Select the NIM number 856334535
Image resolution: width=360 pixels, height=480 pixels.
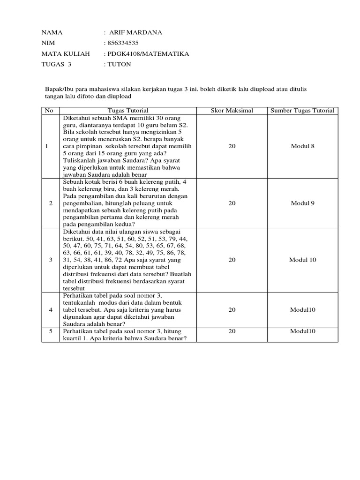tap(124, 44)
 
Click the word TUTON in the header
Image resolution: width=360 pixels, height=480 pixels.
tap(120, 65)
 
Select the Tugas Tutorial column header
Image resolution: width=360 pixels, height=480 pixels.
tap(127, 111)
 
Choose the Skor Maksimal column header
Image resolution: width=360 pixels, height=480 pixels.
tap(232, 111)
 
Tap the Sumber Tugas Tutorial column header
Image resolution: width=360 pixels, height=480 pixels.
tap(302, 111)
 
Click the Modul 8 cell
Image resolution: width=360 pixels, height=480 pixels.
tap(302, 146)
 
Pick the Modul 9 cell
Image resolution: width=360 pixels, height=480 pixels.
tap(302, 203)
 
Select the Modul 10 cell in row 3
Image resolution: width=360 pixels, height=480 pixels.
tap(302, 260)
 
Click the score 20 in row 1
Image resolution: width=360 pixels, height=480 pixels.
tap(232, 146)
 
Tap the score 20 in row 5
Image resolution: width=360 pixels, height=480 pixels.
tap(232, 331)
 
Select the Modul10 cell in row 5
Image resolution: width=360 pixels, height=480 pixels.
tap(302, 331)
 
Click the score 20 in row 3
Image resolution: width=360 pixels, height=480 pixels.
tap(232, 260)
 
